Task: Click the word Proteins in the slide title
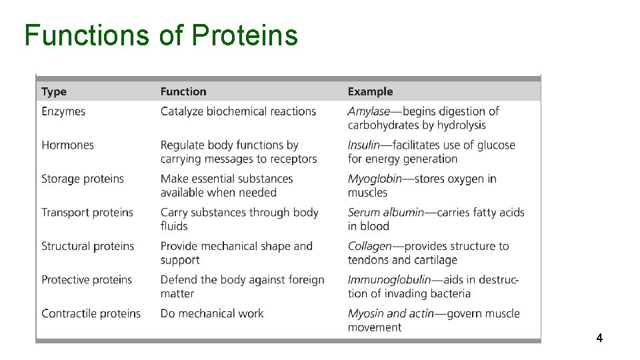(245, 35)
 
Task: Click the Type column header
(54, 91)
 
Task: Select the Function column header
(183, 91)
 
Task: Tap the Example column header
(370, 91)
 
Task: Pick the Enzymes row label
(63, 111)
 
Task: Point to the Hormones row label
(67, 145)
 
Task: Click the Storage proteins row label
(83, 179)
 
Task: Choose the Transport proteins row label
(87, 213)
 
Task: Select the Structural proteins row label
(87, 246)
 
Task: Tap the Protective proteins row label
(87, 280)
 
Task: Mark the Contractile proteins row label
(91, 313)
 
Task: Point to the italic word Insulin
(363, 145)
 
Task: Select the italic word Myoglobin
(375, 179)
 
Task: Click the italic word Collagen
(369, 246)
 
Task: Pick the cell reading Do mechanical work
(212, 313)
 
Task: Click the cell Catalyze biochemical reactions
(238, 111)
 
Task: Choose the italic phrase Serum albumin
(385, 213)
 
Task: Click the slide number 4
(599, 339)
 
